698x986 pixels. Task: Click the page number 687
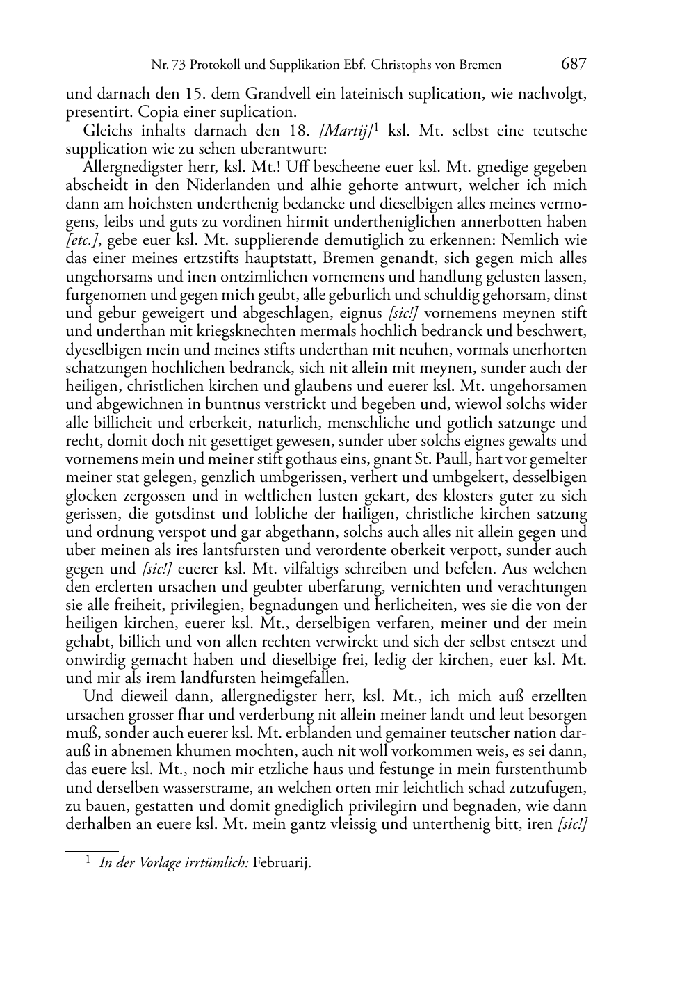pyautogui.click(x=574, y=65)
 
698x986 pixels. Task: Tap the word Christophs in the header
pyautogui.click(x=404, y=65)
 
